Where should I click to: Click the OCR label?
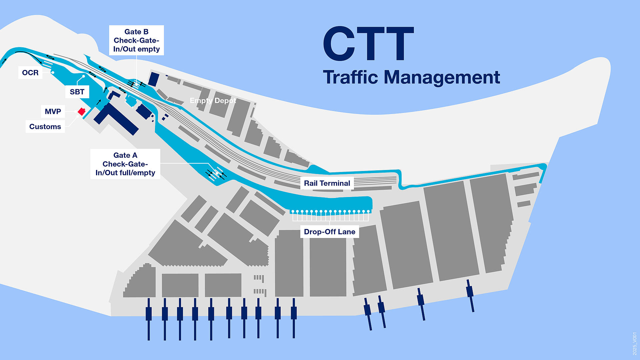[30, 73]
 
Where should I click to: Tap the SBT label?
[77, 92]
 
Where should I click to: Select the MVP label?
[53, 111]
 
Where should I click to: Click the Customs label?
[45, 127]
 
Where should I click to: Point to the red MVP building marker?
[81, 112]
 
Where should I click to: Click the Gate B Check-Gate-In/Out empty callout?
[136, 40]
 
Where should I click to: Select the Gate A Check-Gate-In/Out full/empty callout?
[125, 164]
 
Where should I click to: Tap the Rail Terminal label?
[327, 183]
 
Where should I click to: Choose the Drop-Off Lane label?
[329, 232]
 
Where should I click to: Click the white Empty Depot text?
[213, 101]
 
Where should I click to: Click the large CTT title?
[368, 44]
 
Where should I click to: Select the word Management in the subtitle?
[442, 78]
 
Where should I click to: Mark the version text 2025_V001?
[634, 344]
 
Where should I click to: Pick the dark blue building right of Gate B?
[154, 79]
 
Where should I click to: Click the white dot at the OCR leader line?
[53, 72]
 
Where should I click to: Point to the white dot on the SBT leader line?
[83, 76]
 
